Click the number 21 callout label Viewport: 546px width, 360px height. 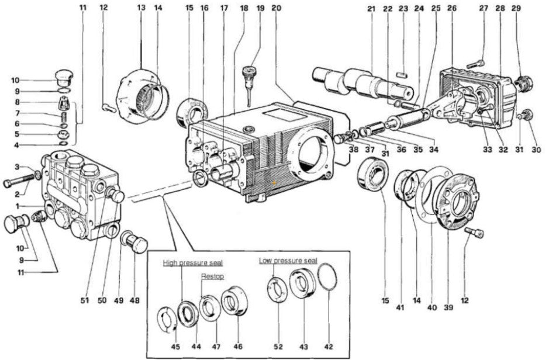coord(371,9)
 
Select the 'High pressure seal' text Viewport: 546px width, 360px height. coord(193,262)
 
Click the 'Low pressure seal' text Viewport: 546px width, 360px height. coord(288,260)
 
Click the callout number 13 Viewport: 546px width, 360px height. coord(141,8)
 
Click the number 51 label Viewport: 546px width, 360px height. coord(84,300)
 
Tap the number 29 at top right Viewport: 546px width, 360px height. coord(515,9)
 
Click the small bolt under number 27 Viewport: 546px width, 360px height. coord(476,63)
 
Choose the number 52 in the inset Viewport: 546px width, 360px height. coord(278,347)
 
